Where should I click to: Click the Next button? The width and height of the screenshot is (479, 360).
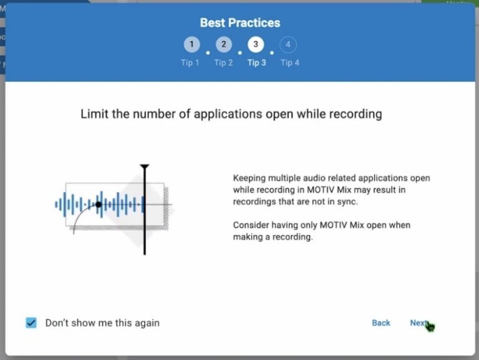pos(419,323)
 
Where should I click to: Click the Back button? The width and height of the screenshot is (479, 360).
pos(381,323)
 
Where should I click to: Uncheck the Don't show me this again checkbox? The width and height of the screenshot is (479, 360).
pos(31,323)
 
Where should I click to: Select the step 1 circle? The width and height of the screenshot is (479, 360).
pos(192,45)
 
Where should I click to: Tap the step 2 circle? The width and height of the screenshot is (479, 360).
pos(224,45)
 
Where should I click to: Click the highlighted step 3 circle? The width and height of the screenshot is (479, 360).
pos(256,45)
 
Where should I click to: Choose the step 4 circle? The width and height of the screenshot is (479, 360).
pos(288,45)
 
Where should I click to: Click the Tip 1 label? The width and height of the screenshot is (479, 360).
pos(190,62)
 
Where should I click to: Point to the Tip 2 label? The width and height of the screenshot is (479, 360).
pos(223,62)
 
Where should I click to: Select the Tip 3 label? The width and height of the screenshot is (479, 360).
pos(256,62)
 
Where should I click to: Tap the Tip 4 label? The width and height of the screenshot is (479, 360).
pos(289,62)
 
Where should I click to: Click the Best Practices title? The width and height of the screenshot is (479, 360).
pos(239,23)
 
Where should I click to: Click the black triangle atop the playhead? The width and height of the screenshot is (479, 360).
pos(145,167)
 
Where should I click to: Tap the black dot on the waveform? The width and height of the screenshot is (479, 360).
pos(99,204)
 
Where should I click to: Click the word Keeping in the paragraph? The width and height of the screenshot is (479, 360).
pos(250,178)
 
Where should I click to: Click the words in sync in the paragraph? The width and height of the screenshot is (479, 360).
pos(362,202)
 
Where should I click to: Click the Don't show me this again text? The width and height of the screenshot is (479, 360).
pos(102,323)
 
